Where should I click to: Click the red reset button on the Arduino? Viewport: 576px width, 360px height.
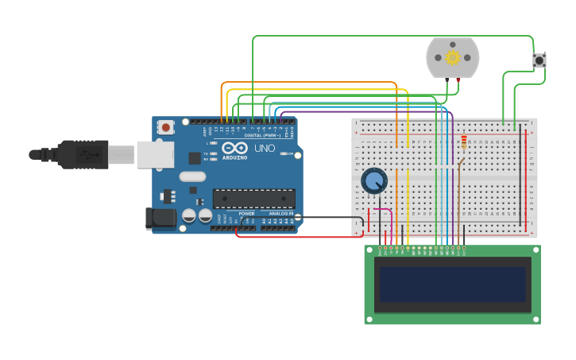tap(165, 127)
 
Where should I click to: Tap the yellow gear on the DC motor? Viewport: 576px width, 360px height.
tap(453, 57)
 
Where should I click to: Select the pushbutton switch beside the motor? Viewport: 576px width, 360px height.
tap(539, 60)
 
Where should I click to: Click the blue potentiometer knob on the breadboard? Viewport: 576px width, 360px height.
tap(374, 180)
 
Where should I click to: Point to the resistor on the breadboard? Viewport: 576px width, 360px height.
tap(464, 142)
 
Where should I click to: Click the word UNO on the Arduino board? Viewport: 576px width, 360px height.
tap(265, 148)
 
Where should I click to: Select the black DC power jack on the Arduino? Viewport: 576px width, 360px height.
tap(160, 218)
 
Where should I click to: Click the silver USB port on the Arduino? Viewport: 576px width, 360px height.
tap(155, 154)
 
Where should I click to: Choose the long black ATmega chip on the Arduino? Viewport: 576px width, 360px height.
tap(253, 199)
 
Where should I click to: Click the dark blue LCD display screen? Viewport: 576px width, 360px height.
tap(452, 284)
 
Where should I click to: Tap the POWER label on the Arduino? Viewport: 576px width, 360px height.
tap(247, 214)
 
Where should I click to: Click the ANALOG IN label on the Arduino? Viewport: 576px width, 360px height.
tap(280, 214)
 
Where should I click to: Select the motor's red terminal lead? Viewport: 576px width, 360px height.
tap(458, 80)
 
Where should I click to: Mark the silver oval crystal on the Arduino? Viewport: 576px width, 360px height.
tap(192, 176)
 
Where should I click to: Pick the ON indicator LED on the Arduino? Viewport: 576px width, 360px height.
tap(283, 153)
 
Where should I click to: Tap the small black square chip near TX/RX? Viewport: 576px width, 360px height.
tap(194, 157)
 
